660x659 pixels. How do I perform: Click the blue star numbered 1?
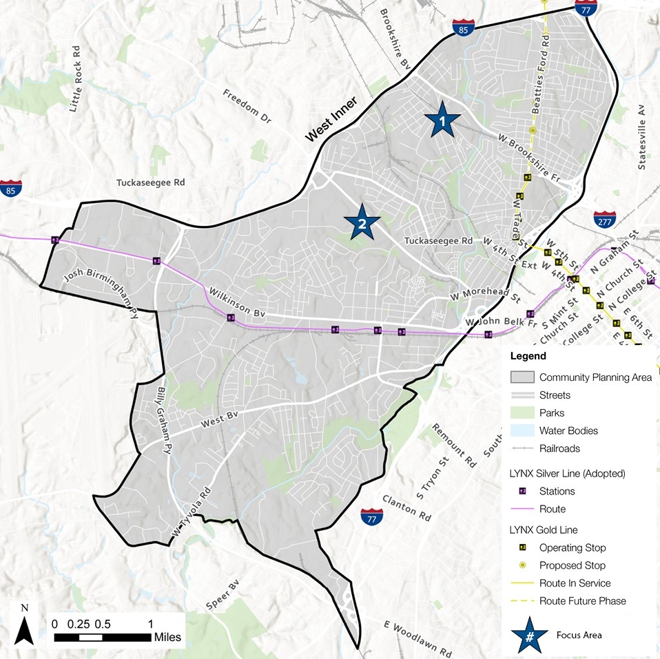coord(442,121)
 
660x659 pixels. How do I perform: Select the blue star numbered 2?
coord(362,222)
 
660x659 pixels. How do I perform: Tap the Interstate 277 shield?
coord(604,220)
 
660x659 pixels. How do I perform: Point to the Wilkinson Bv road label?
coord(237,302)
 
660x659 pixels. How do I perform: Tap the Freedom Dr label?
coord(248,105)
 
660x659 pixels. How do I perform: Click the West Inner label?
coord(331,123)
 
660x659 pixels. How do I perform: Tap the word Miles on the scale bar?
coord(168,638)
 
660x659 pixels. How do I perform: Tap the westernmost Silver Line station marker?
coord(55,240)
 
